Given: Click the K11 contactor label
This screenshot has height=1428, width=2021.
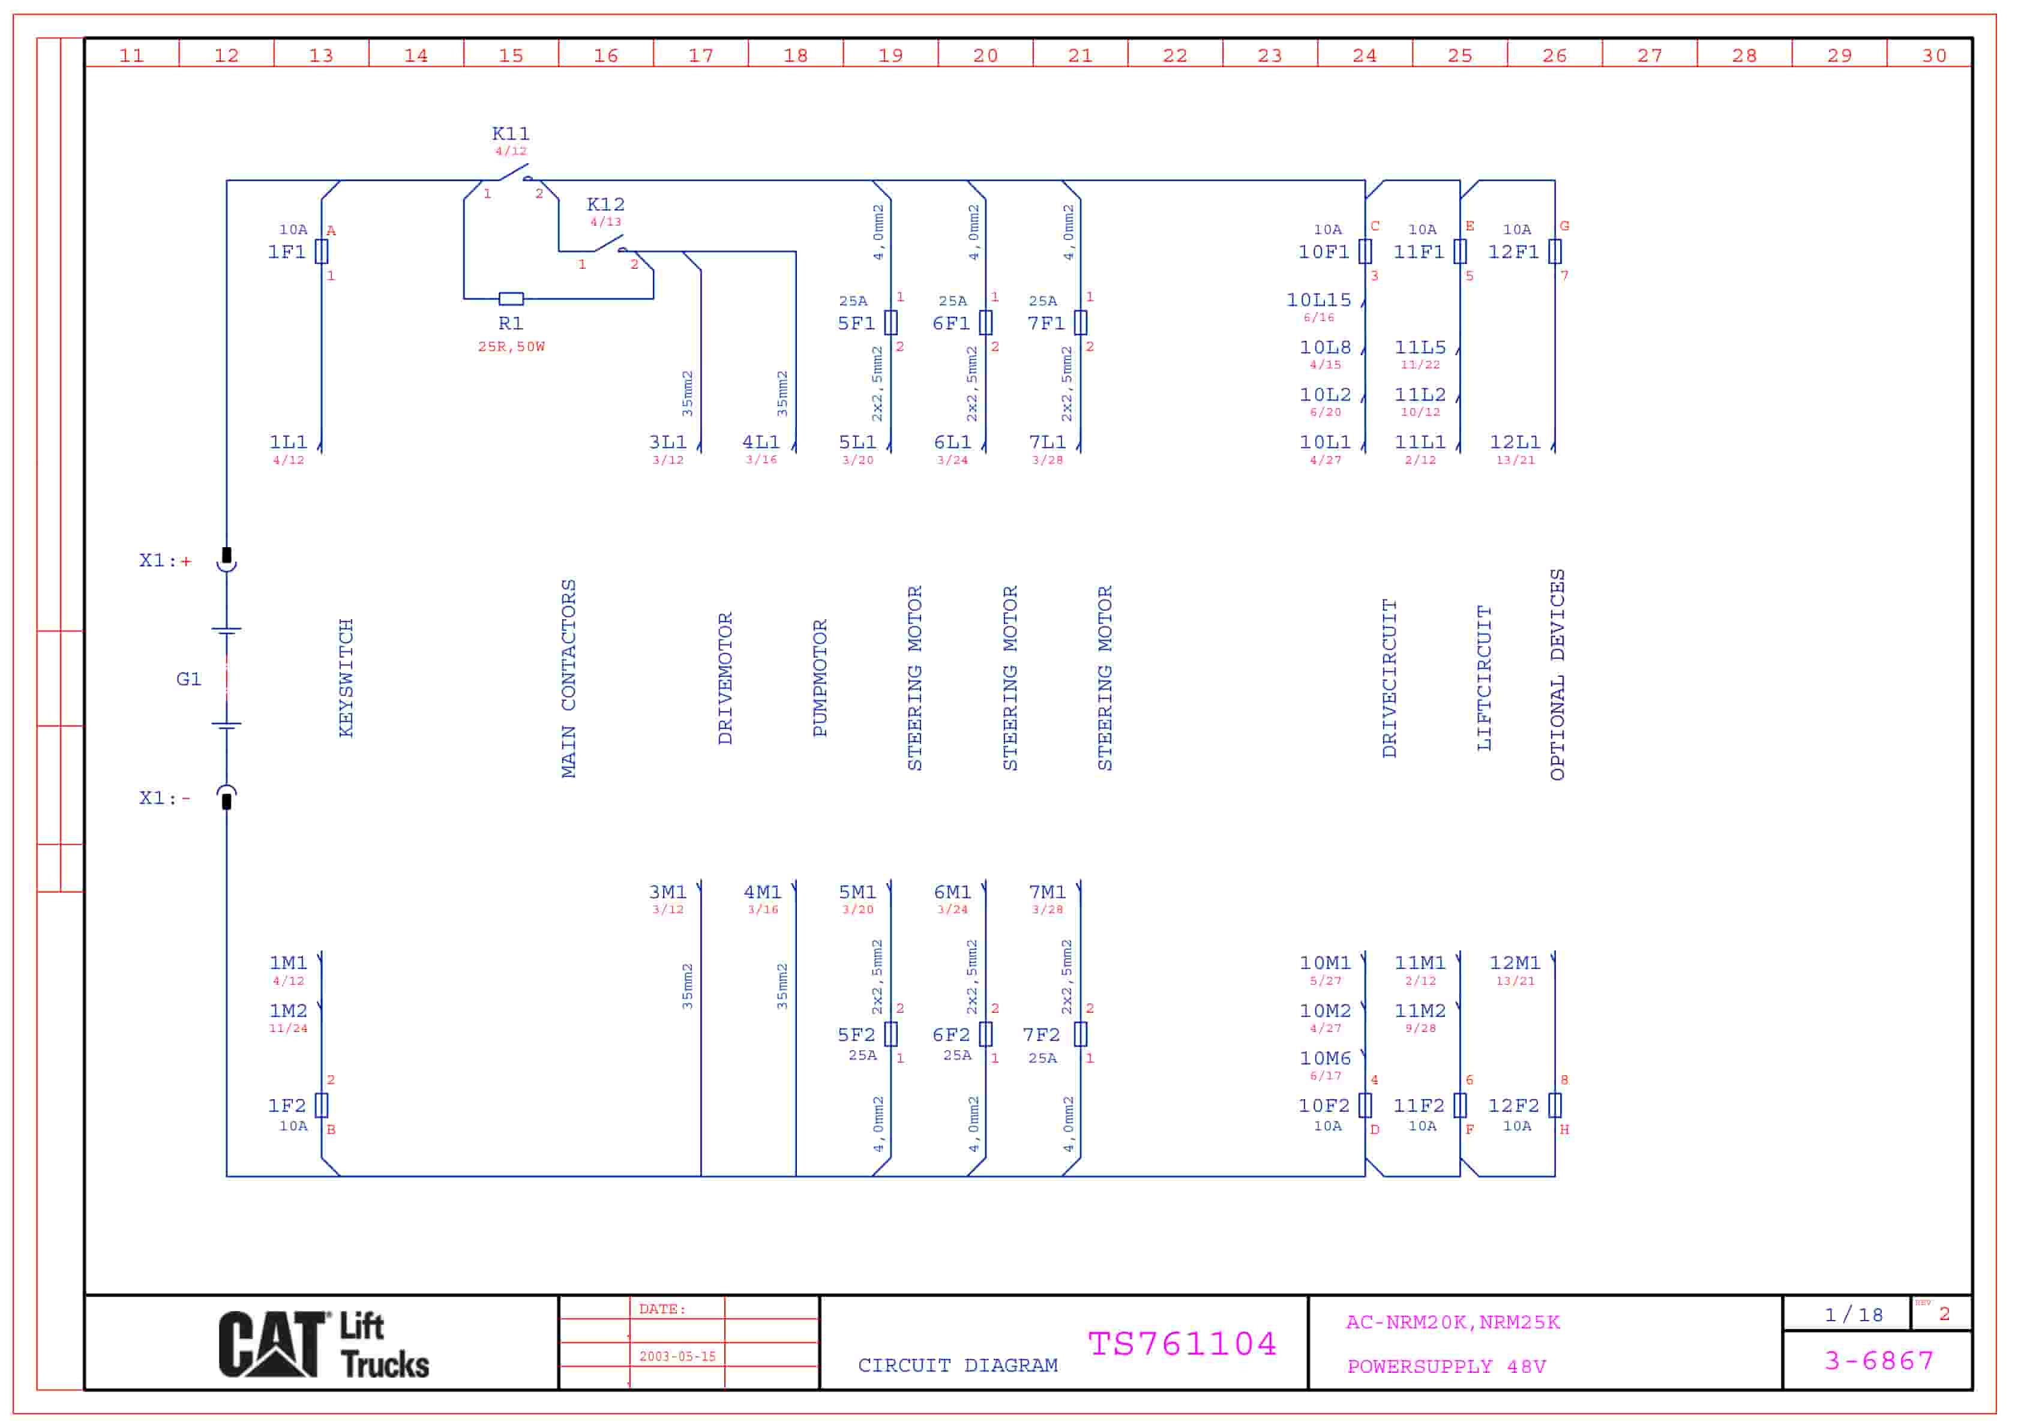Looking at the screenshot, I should click(x=511, y=134).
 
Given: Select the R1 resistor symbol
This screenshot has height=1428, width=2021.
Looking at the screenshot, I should click(x=511, y=298).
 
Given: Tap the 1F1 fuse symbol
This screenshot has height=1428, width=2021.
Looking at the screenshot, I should click(x=322, y=252).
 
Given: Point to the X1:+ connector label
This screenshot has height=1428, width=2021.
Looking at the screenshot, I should click(x=164, y=561).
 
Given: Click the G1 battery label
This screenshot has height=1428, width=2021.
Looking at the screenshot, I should click(x=188, y=679).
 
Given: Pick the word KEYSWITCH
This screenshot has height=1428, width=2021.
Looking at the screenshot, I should click(x=346, y=678).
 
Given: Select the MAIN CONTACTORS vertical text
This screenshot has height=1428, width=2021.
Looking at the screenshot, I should click(x=569, y=678).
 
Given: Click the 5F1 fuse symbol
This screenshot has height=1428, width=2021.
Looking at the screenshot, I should click(x=891, y=323).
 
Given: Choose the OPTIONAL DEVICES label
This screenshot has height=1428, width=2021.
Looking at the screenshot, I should click(x=1557, y=674).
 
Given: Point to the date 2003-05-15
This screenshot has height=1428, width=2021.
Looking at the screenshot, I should click(x=677, y=1357).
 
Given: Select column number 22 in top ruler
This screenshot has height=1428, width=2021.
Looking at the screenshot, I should click(x=1175, y=55).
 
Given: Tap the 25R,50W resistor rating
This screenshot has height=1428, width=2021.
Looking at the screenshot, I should click(x=511, y=347).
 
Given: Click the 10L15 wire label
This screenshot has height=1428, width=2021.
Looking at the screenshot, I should click(x=1318, y=300).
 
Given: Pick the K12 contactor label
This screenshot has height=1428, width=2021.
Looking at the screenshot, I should click(x=605, y=204).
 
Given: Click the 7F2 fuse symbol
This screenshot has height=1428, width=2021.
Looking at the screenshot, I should click(x=1081, y=1034).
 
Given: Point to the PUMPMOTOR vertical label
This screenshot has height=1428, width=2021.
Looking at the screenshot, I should click(x=820, y=678).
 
